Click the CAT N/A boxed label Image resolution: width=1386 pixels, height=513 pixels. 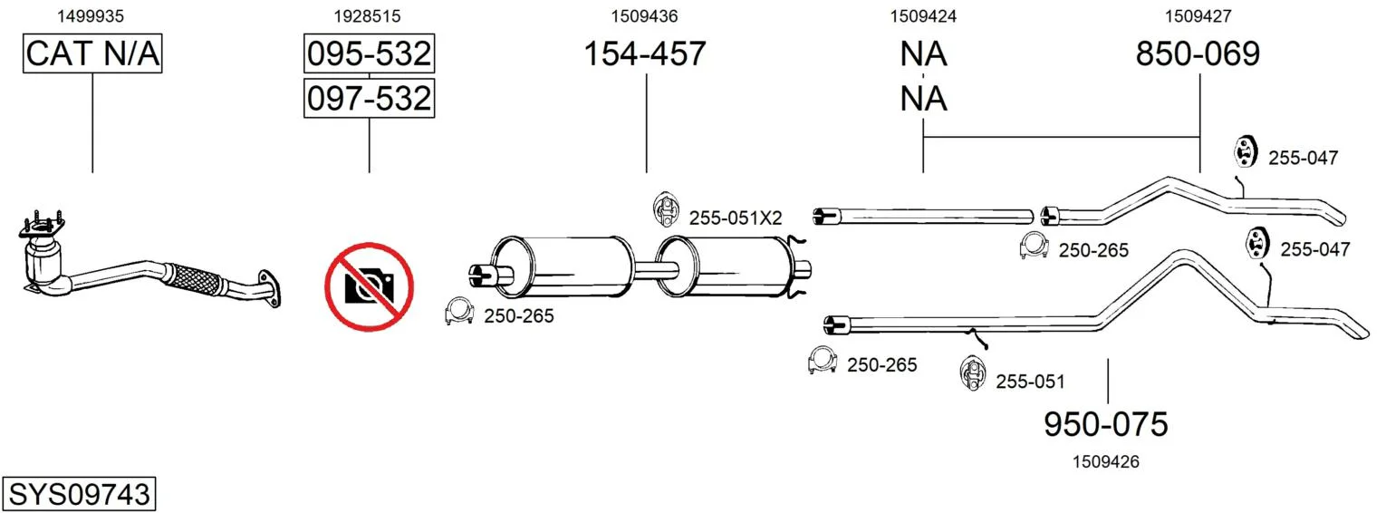click(92, 53)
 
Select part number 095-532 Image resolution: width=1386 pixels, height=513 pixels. click(370, 53)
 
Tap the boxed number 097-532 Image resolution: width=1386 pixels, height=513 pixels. click(370, 98)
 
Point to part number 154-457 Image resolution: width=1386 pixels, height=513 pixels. click(645, 53)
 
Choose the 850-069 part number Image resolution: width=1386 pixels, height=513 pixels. click(1198, 53)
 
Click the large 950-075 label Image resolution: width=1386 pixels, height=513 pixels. click(1106, 424)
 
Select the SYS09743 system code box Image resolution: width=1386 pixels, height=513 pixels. click(79, 494)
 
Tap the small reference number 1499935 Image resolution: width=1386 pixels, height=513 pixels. click(91, 16)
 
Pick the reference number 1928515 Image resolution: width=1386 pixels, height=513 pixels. click(368, 16)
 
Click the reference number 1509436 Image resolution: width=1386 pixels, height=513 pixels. click(645, 16)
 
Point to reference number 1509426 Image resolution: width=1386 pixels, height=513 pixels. click(1106, 461)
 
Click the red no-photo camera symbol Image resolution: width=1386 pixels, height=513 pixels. click(370, 286)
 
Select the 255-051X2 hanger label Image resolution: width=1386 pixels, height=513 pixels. click(736, 218)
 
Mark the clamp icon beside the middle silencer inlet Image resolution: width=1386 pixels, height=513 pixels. click(459, 312)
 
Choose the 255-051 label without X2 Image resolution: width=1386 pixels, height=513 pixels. click(1030, 382)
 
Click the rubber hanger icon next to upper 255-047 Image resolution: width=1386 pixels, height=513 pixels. click(1244, 151)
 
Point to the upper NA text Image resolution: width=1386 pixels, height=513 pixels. click(923, 53)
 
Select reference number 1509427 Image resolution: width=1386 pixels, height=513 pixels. click(1198, 16)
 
